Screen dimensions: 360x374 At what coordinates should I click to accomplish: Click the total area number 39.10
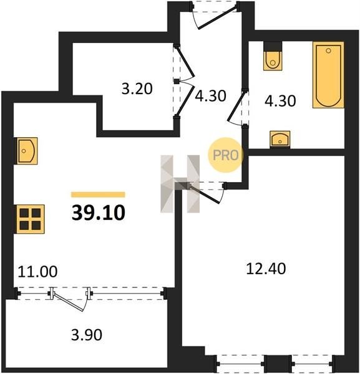point(99,213)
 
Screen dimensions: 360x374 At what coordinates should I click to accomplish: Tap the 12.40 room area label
point(266,269)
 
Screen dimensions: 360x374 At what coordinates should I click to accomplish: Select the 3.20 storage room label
point(137,89)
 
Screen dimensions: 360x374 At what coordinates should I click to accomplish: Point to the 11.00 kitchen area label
point(37,271)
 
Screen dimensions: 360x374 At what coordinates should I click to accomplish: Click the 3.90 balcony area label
point(87,334)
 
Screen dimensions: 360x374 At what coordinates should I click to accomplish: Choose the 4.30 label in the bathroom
point(280,100)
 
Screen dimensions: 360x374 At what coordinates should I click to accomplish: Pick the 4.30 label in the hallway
point(210,95)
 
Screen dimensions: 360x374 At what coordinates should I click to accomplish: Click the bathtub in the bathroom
point(328,75)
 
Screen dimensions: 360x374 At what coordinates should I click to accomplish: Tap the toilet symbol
point(273,56)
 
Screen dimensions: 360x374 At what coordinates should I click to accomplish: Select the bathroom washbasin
point(280,139)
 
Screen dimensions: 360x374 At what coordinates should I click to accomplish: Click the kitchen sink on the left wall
point(26,151)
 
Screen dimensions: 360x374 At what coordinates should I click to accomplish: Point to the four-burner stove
point(29,219)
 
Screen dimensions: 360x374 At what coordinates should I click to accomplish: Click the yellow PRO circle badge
point(226,155)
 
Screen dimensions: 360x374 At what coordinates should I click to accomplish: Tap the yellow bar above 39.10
point(98,194)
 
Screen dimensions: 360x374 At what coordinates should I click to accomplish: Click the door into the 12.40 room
point(206,193)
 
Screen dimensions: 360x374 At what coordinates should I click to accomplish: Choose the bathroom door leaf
point(236,107)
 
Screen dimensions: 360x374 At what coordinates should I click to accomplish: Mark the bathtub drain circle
point(328,50)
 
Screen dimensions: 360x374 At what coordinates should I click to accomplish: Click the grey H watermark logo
point(180,184)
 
